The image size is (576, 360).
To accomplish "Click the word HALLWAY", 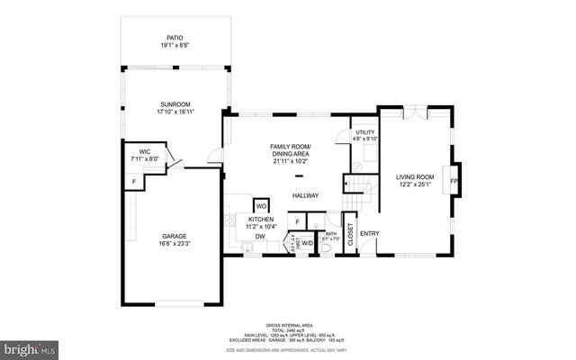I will click(304, 195).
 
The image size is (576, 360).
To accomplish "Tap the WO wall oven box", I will click(261, 205).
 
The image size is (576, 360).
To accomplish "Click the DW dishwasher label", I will click(259, 237).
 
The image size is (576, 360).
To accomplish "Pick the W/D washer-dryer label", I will click(307, 242).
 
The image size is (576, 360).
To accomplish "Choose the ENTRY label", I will click(369, 234).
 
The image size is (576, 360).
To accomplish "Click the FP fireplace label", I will click(454, 181).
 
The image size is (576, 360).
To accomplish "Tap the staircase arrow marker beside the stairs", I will click(346, 186).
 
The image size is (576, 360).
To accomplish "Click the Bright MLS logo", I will click(31, 347).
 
